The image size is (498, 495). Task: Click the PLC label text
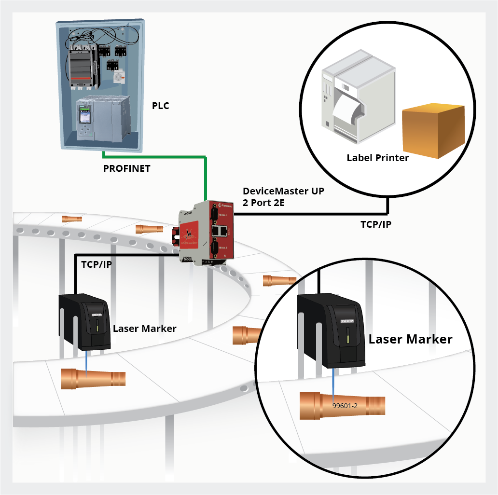click(x=161, y=106)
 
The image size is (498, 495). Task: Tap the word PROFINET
click(x=127, y=169)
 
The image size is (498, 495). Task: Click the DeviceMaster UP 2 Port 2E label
click(x=283, y=197)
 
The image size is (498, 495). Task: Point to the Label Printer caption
click(x=378, y=158)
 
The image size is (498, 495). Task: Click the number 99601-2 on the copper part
click(x=345, y=406)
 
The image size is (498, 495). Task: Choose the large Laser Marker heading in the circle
click(x=410, y=339)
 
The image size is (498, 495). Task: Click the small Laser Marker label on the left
click(x=144, y=329)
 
